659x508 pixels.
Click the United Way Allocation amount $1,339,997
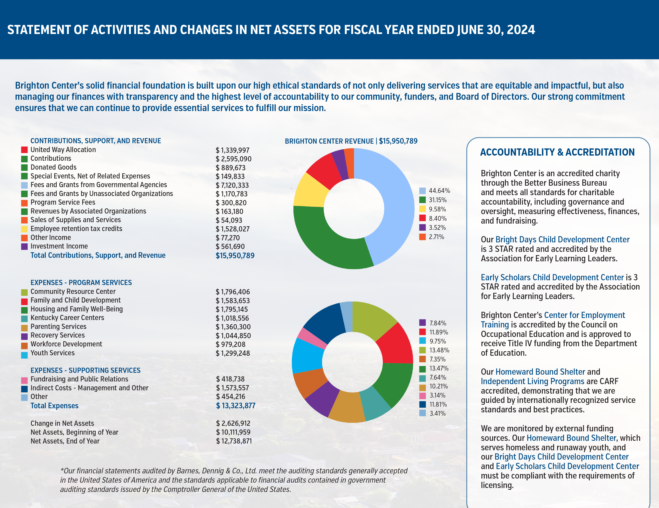coord(232,150)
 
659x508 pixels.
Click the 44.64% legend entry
coord(435,191)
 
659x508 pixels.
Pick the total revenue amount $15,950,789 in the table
coord(235,256)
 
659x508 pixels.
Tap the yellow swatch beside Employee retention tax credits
coord(25,229)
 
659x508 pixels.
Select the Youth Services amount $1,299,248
coord(233,353)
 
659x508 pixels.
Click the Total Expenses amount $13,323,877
coord(236,406)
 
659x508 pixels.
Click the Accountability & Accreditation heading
coord(557,152)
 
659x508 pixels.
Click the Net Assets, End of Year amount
coord(234,441)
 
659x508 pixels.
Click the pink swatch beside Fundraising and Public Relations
coord(25,380)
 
